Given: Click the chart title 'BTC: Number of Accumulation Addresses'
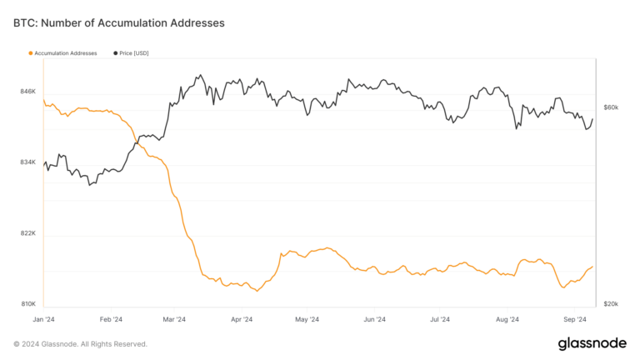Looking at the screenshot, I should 119,23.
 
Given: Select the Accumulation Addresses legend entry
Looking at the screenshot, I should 63,53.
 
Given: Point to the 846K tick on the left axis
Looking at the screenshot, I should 27,91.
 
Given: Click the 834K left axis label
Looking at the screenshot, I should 27,162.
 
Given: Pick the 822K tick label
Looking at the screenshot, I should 27,233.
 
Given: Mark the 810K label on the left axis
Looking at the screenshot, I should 27,304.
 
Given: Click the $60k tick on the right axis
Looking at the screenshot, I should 611,107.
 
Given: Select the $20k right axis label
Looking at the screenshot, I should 611,304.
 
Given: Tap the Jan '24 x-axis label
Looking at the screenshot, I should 44,319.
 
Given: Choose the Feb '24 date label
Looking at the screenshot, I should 111,319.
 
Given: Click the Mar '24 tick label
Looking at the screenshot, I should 174,319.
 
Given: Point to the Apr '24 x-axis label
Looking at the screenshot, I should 241,319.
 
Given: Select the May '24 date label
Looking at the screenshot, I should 307,319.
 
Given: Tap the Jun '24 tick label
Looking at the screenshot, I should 374,319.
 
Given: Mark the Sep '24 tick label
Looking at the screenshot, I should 575,319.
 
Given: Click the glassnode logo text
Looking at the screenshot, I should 592,343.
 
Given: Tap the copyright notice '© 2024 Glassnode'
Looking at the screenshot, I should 81,343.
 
